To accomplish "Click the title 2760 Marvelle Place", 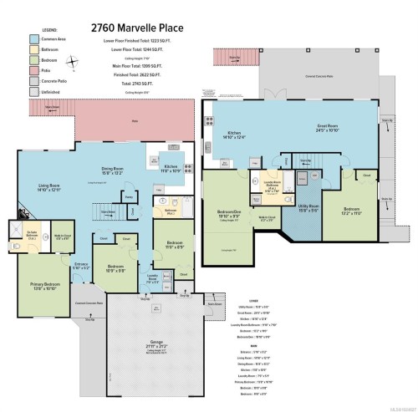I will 208,15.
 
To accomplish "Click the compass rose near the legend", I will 74,59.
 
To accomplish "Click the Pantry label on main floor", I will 128,197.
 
